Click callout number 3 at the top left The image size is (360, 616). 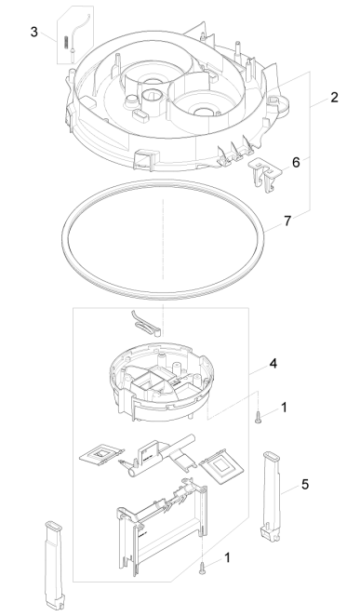[34, 32]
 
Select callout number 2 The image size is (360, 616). [334, 98]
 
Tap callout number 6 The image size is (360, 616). [296, 162]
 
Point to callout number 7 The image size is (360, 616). [287, 221]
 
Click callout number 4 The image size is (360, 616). [273, 364]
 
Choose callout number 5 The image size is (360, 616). [305, 485]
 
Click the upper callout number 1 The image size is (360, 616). [284, 408]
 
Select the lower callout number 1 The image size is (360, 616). [227, 557]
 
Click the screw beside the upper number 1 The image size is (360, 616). [257, 417]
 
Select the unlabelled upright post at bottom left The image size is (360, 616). [55, 566]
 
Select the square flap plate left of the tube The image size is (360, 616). [101, 454]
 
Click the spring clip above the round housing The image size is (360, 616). [145, 323]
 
